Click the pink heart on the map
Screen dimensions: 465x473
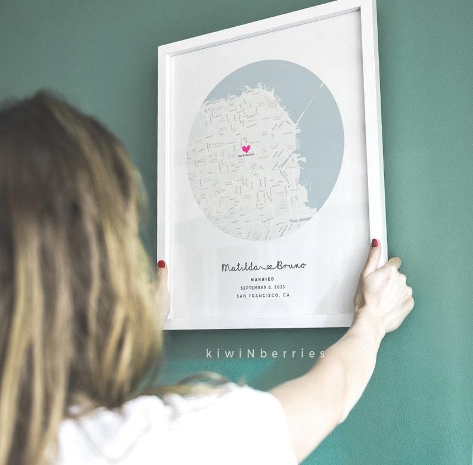click(246, 148)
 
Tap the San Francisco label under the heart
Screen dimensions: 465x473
click(246, 156)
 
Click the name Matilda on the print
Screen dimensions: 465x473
click(237, 266)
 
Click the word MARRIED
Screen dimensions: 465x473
click(262, 279)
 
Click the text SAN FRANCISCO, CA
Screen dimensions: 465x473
click(263, 296)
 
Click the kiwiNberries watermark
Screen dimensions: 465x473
click(266, 354)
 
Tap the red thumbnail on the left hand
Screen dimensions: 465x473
click(161, 263)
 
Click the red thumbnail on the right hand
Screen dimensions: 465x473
click(375, 243)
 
